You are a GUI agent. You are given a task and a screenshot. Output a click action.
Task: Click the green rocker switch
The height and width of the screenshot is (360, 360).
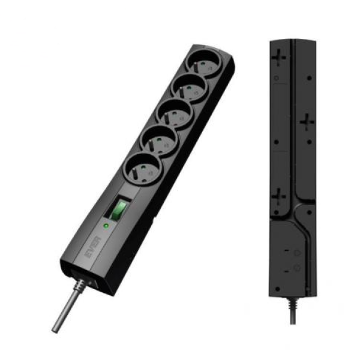click(x=119, y=209)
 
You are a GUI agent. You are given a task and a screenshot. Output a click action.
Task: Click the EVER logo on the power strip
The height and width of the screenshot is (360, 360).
click(x=94, y=247)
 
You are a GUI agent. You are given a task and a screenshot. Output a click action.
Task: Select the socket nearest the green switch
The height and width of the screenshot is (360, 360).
click(x=143, y=168)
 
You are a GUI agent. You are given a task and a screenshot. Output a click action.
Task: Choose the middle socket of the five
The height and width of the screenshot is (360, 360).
click(x=175, y=114)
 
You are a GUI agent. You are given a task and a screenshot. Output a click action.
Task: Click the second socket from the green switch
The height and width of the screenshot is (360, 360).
click(x=159, y=140)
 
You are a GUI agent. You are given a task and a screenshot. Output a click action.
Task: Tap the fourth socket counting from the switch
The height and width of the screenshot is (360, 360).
click(x=190, y=88)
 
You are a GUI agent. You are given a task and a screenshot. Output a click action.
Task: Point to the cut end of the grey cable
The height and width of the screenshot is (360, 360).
click(x=55, y=330)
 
